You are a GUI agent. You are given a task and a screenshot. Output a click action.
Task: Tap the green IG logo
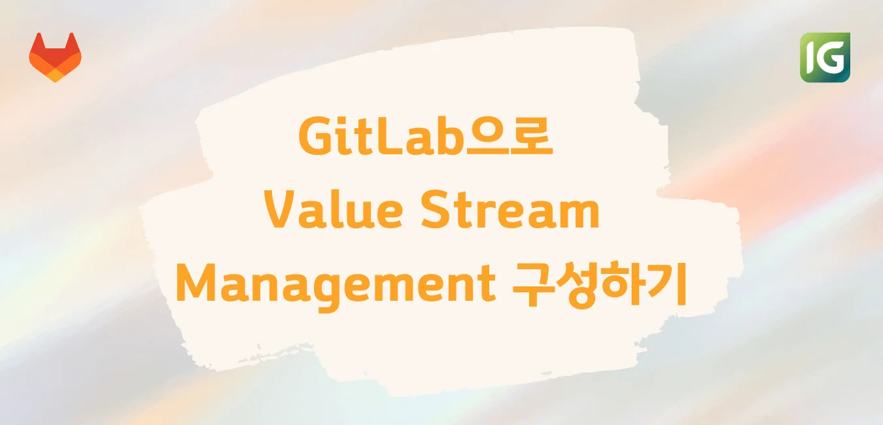coord(825,58)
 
